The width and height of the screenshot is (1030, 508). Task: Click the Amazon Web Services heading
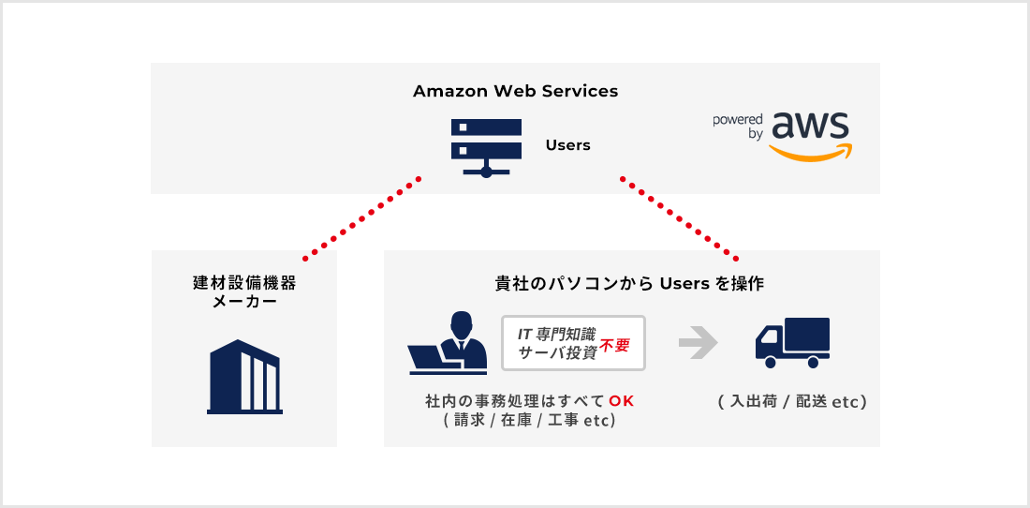click(x=515, y=92)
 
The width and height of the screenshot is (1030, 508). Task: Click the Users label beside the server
click(x=567, y=145)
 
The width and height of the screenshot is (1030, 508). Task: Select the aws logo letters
click(x=811, y=126)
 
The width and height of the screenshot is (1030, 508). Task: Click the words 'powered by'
click(x=738, y=127)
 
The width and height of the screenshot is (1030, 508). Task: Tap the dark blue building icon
click(x=244, y=377)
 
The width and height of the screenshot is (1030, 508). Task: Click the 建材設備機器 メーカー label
click(x=244, y=291)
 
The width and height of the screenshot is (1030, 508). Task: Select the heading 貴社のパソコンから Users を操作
click(x=631, y=283)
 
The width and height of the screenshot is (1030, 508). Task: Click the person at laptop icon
click(x=449, y=344)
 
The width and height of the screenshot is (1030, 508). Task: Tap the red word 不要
click(x=615, y=344)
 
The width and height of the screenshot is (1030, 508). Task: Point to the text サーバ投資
click(x=558, y=353)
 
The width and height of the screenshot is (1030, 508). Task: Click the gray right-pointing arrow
click(x=698, y=343)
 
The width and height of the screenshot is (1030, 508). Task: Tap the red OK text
click(x=622, y=401)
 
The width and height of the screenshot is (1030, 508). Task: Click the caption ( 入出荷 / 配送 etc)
click(x=792, y=402)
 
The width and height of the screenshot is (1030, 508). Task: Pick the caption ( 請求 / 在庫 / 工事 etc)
click(x=529, y=421)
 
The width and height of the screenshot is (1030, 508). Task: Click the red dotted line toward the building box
click(x=361, y=217)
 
